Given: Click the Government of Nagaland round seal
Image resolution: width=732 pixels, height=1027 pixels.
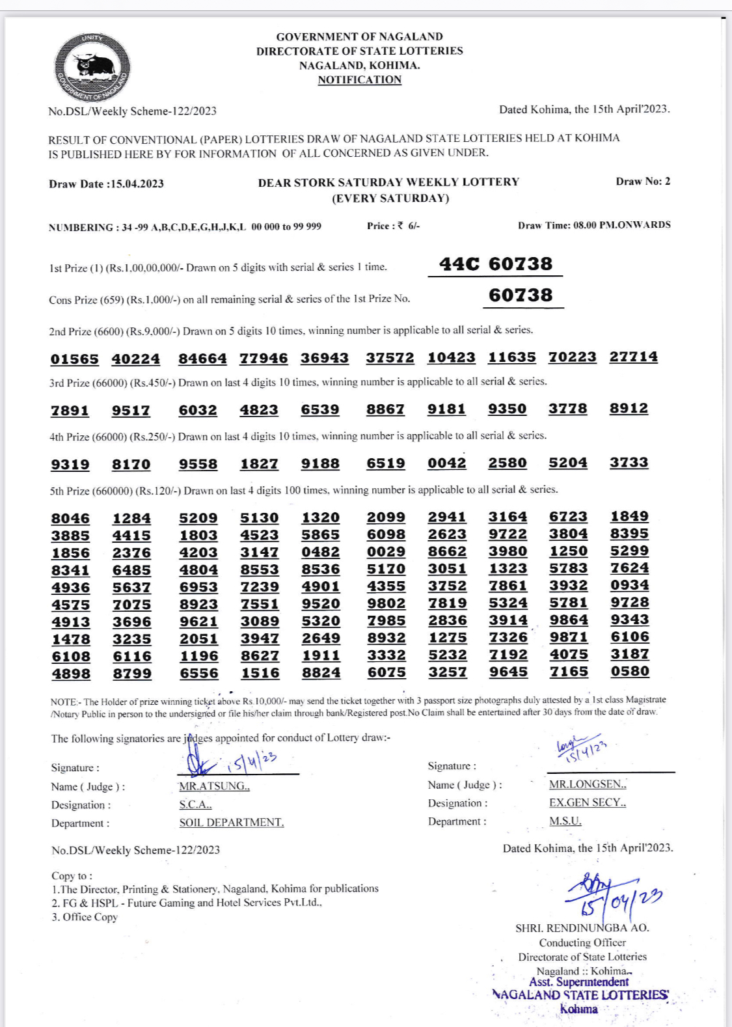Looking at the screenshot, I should click(92, 68).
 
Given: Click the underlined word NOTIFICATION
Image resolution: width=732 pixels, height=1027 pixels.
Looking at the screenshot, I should click(359, 80).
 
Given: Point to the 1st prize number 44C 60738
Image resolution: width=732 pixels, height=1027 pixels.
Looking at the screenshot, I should click(495, 264).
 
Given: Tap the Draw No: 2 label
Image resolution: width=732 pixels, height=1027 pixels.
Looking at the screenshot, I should click(642, 182).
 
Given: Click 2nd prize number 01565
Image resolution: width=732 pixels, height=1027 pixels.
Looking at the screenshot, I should click(74, 359).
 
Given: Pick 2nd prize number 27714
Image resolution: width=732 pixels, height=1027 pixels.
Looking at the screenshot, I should click(633, 357).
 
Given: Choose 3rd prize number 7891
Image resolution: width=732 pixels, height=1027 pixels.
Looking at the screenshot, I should click(70, 411).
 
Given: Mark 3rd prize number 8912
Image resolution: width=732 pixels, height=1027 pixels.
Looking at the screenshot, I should click(629, 408).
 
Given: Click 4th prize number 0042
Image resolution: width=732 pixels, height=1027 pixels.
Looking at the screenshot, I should click(446, 463).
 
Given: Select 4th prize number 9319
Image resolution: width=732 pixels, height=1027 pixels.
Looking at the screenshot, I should click(70, 465).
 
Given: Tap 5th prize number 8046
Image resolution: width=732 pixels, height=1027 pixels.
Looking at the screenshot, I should click(70, 519).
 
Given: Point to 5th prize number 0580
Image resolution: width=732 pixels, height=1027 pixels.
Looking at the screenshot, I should click(629, 671).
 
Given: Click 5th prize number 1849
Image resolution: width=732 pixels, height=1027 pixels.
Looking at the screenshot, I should click(629, 516).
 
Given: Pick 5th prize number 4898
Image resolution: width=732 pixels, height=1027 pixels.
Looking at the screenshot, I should click(71, 674).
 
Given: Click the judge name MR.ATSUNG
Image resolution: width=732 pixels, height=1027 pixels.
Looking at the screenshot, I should click(214, 786).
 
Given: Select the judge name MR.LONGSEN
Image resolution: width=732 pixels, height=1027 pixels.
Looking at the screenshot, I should click(587, 785).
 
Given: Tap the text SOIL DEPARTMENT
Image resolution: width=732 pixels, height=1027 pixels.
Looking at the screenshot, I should click(231, 823).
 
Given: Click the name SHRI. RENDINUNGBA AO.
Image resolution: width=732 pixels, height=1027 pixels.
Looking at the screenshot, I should click(582, 928).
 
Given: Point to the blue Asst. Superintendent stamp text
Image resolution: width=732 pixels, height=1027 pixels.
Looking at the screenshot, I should click(578, 982).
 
